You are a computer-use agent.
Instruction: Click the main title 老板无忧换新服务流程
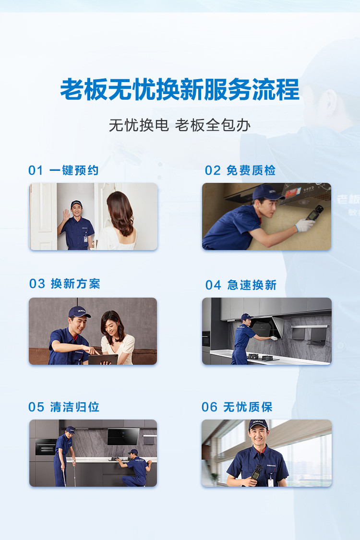point(180,90)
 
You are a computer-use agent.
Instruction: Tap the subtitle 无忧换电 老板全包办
point(180,125)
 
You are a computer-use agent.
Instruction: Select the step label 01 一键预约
point(63,170)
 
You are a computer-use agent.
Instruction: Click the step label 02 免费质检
point(240,170)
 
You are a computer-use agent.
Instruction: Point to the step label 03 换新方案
point(65,284)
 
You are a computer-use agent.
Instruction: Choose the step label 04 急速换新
point(241,285)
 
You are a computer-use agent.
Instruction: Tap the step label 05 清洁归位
point(64,407)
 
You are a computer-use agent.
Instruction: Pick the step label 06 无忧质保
point(237,407)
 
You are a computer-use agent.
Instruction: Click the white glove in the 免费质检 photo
point(304,225)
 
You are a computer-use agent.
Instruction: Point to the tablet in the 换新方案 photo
point(103,360)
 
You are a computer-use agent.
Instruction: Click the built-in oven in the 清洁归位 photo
point(46,447)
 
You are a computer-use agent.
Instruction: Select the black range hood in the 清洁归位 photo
point(123,436)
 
